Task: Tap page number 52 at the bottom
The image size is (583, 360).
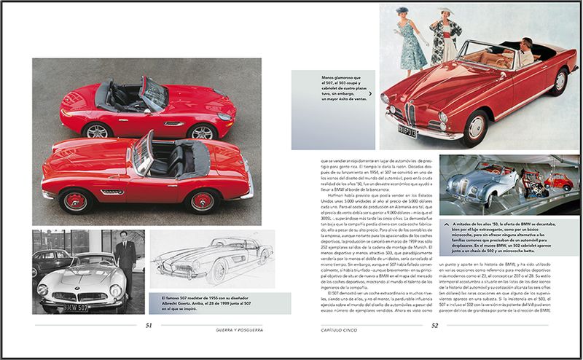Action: [434, 326]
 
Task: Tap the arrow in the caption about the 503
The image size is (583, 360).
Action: [372, 95]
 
